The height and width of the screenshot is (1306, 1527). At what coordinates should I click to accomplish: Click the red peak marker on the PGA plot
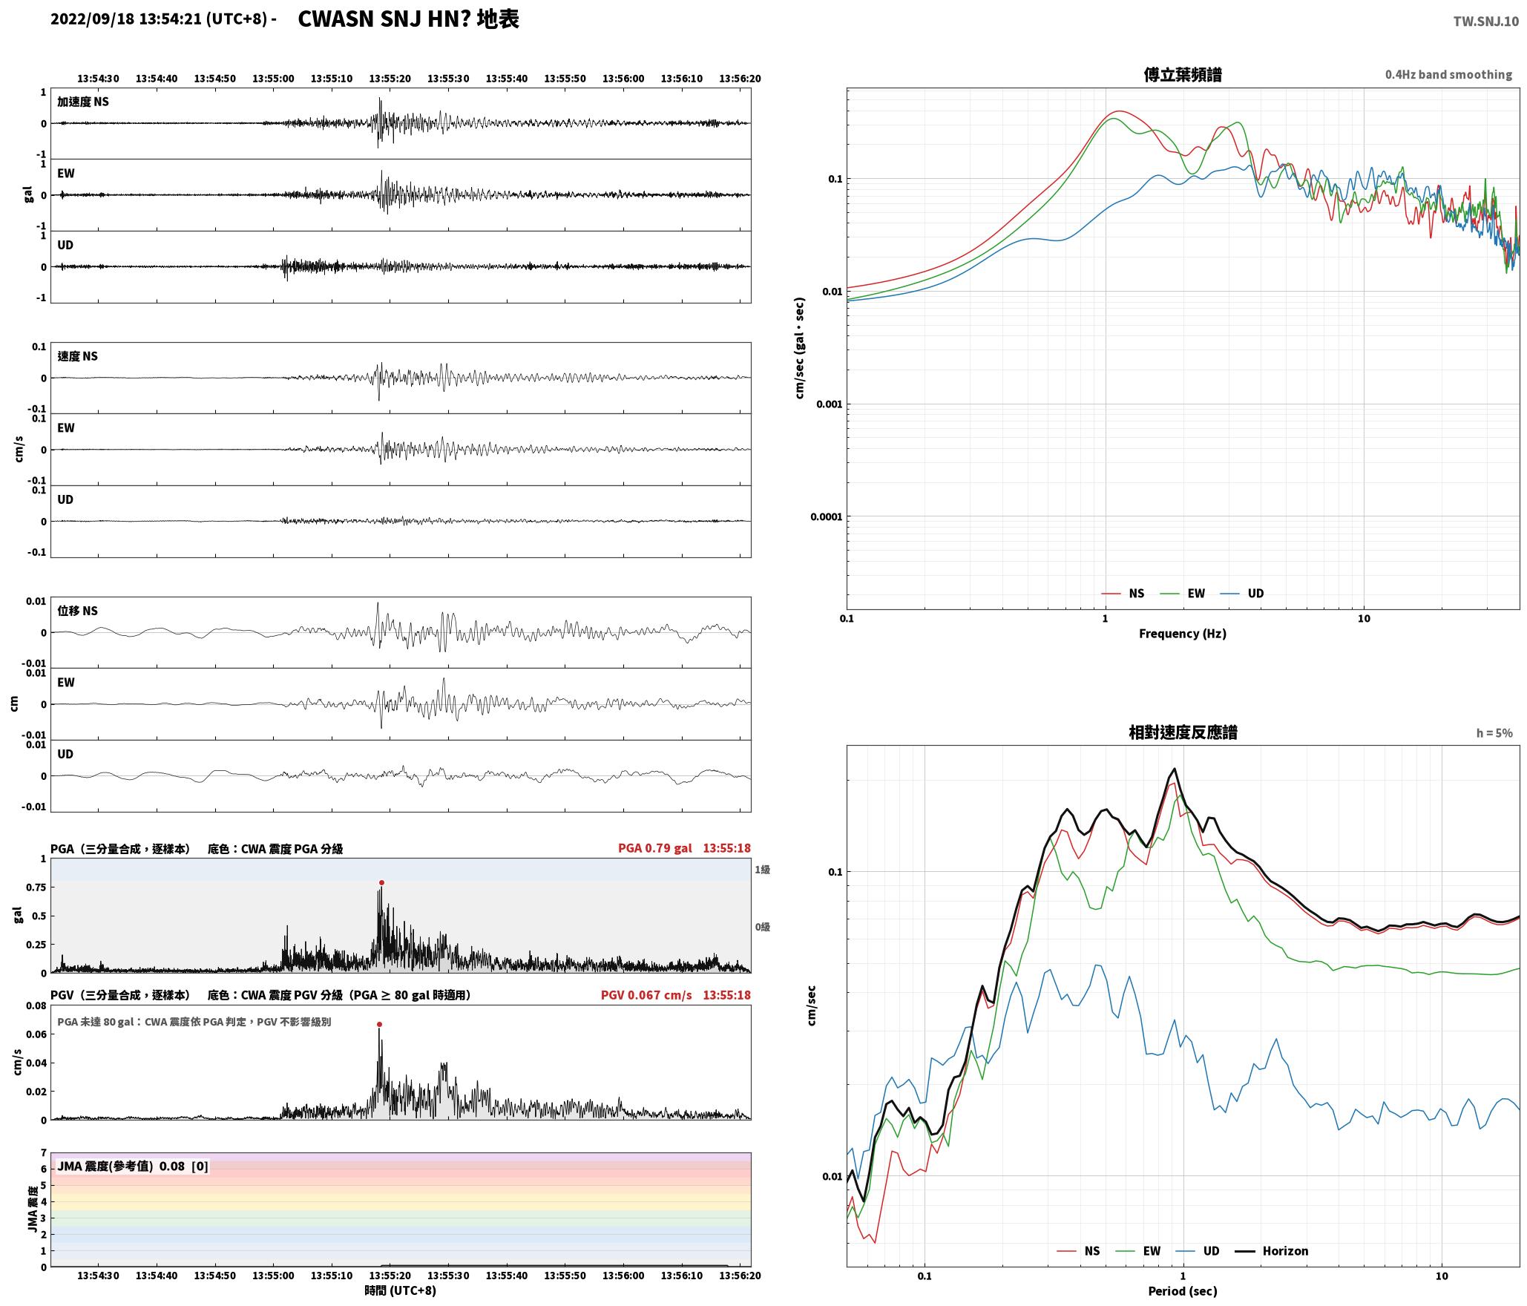coord(381,882)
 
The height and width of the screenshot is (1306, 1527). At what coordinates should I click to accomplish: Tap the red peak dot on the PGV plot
coord(379,1024)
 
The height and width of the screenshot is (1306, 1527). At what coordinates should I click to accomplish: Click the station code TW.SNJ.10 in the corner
coord(1485,22)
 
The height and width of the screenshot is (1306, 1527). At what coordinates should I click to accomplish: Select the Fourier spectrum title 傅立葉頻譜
coord(1183,74)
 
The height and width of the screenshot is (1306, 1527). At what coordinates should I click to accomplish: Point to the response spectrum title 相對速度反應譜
coord(1183,732)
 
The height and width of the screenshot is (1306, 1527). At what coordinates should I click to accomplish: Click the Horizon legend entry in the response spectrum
coord(1285,1250)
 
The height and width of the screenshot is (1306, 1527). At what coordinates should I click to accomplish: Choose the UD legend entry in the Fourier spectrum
coord(1255,593)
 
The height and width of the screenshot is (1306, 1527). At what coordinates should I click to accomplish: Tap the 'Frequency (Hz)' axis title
coord(1183,633)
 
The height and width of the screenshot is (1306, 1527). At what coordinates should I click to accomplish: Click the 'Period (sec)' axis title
coord(1183,1290)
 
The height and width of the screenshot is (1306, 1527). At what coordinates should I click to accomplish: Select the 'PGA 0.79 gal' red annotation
coord(654,848)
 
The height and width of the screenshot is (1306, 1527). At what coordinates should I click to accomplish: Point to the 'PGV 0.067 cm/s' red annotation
coord(646,994)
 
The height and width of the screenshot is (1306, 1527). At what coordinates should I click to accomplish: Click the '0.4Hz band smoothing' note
coord(1448,74)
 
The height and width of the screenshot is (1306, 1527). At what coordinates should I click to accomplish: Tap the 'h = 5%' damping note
coord(1494,733)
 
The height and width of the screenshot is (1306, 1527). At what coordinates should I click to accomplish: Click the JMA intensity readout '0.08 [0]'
coord(183,1166)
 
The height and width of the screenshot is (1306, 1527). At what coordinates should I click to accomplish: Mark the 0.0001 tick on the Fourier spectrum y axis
coord(827,516)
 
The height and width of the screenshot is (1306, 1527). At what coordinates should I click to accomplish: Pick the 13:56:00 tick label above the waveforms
coord(623,78)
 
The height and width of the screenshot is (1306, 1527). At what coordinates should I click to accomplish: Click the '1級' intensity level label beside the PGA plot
coord(762,869)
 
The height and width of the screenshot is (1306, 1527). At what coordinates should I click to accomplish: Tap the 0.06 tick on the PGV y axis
coord(36,1034)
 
